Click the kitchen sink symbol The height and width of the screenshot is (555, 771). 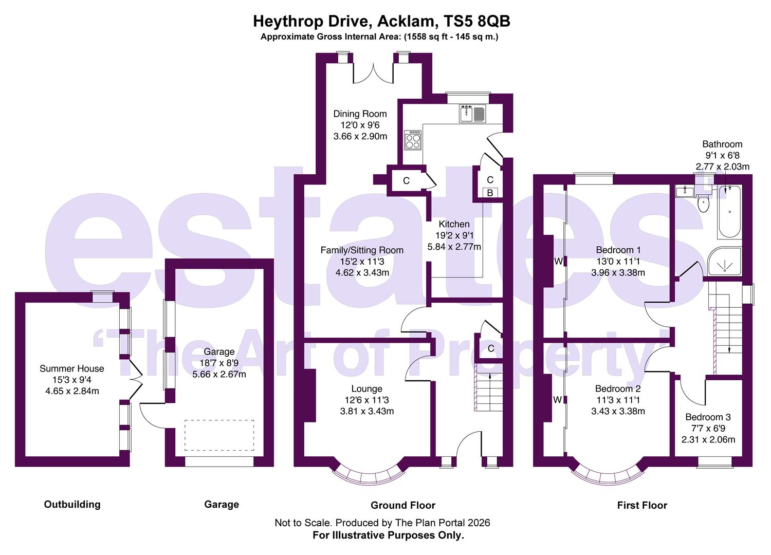point(472,113)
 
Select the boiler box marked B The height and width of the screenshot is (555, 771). point(490,193)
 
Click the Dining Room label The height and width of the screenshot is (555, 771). point(360,114)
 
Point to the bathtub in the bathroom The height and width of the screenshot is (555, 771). point(729,212)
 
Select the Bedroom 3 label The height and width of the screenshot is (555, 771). point(708,417)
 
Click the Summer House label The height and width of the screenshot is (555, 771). point(71,368)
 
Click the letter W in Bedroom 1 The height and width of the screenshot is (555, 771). point(558,261)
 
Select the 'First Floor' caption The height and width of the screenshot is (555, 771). point(642,505)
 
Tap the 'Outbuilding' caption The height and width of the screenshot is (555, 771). point(72,504)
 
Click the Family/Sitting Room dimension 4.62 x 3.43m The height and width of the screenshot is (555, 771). point(362,272)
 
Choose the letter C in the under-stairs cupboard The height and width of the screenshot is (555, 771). point(490,348)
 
